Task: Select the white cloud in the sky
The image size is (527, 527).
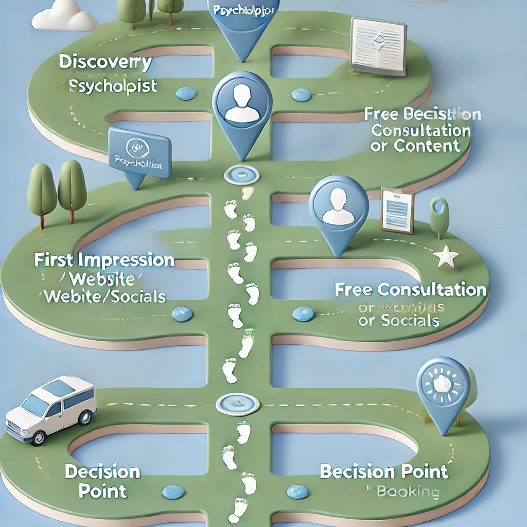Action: [65, 16]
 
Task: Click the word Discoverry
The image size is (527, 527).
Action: [105, 63]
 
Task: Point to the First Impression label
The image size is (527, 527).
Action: [104, 260]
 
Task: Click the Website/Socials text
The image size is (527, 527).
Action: [105, 296]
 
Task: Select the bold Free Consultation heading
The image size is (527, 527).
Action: [410, 290]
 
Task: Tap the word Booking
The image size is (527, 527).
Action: [408, 491]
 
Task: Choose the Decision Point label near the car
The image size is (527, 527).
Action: [102, 481]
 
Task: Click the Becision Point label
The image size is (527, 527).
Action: [383, 471]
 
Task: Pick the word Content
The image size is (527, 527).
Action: [427, 146]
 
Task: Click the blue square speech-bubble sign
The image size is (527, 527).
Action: [139, 153]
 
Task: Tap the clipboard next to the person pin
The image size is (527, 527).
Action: [397, 209]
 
